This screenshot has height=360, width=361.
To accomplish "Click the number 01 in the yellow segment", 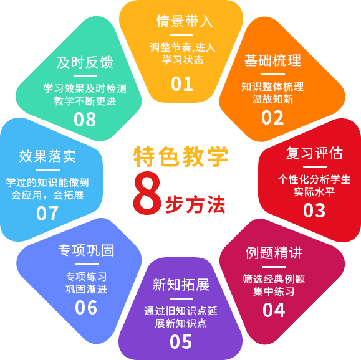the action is (x=182, y=84).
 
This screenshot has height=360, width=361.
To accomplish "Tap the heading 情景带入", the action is (x=185, y=21).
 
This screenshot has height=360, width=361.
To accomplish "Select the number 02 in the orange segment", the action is (x=272, y=118).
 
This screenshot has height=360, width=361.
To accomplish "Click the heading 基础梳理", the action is (x=272, y=60).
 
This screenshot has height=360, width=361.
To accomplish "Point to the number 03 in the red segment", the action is (x=314, y=211).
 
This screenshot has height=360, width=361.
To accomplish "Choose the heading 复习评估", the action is (x=314, y=153).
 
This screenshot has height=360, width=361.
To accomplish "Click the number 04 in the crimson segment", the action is (x=274, y=310).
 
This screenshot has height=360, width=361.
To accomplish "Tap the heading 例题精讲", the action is (x=274, y=253).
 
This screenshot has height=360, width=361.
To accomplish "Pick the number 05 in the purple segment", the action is (x=181, y=342).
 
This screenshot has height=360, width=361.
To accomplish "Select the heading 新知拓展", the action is (x=181, y=285).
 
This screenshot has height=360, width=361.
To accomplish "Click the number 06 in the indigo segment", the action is (x=86, y=308).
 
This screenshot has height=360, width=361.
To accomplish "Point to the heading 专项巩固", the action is (x=86, y=250).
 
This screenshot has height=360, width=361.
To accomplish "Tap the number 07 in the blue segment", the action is (x=47, y=214).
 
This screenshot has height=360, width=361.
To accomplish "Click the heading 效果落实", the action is (x=47, y=156).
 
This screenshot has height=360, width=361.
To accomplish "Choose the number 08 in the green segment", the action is (x=85, y=120).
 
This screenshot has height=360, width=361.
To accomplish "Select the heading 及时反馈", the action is (x=85, y=62).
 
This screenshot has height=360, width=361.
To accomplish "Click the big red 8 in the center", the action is (x=147, y=192).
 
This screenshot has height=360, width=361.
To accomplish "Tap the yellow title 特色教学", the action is (x=181, y=156).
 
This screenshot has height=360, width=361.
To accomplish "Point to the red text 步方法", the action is (x=195, y=204).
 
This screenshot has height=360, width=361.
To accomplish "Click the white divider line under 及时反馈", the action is (x=85, y=77).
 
